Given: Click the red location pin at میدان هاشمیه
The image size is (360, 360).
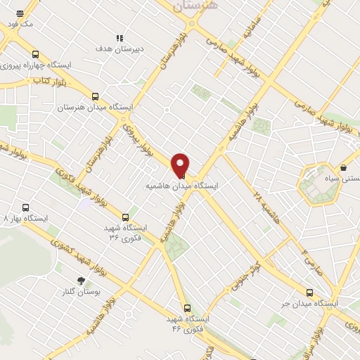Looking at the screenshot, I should tap(180, 164).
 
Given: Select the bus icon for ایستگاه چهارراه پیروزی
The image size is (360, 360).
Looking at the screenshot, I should tap(35, 54).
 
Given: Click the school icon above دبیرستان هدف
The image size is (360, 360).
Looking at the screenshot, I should tap(120, 38).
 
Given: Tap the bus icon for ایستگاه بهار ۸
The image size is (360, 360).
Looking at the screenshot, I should tap(26, 208).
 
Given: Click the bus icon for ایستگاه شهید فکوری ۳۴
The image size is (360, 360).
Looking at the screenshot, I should tap(125, 217).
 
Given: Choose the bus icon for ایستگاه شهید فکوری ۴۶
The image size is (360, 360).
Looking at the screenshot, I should tap(187, 307).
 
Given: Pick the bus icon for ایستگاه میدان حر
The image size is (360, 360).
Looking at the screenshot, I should tap(310, 293).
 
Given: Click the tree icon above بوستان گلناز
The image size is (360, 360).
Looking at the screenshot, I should tap(82, 281).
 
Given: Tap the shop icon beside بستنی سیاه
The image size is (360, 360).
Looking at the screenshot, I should tap(343, 168).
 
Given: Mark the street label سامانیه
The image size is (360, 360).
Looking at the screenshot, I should tap(252, 30).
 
